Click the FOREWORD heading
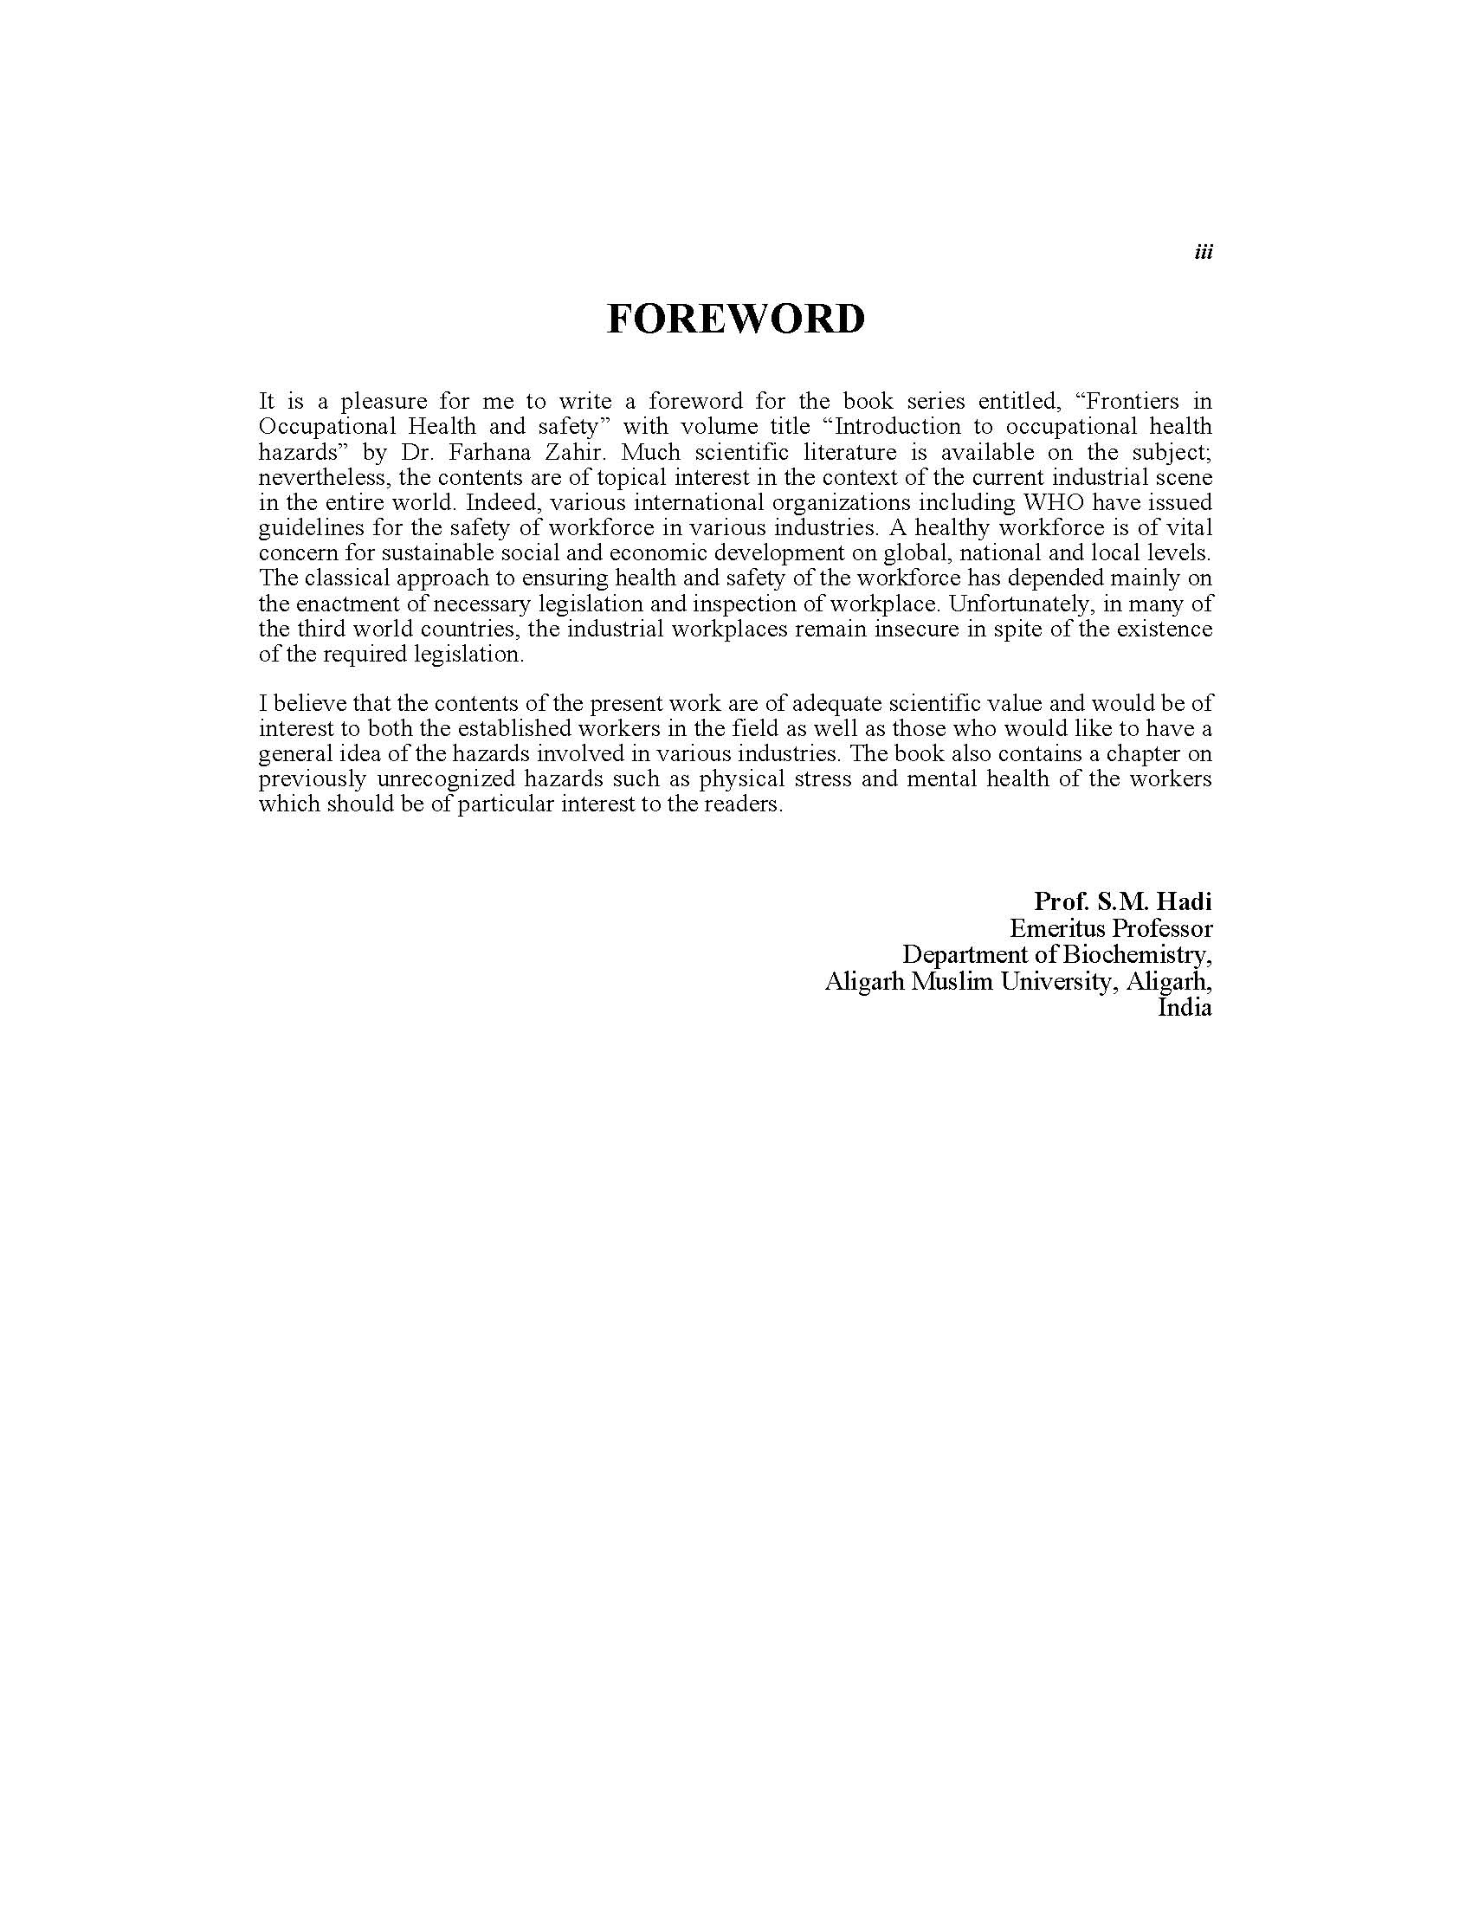[735, 320]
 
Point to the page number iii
[1203, 252]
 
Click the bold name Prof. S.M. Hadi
[1122, 901]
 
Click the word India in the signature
[1185, 1008]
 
